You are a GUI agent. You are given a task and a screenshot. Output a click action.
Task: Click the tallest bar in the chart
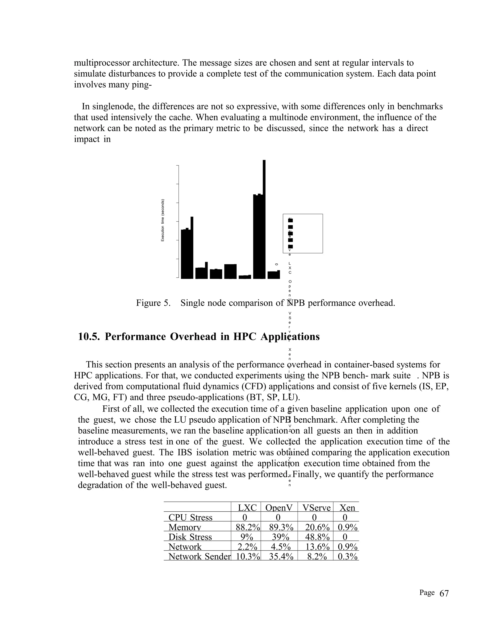point(264,219)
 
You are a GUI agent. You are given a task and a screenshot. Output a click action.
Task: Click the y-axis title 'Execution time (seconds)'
point(162,220)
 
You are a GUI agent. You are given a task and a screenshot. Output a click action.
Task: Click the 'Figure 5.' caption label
point(153,303)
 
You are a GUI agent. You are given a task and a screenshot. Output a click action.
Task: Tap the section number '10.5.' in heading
point(89,337)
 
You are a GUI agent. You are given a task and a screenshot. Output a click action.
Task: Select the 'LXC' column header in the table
point(247,508)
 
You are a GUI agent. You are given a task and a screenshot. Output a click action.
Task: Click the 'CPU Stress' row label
point(190,517)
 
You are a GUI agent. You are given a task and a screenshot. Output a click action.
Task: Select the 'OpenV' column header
point(279,508)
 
